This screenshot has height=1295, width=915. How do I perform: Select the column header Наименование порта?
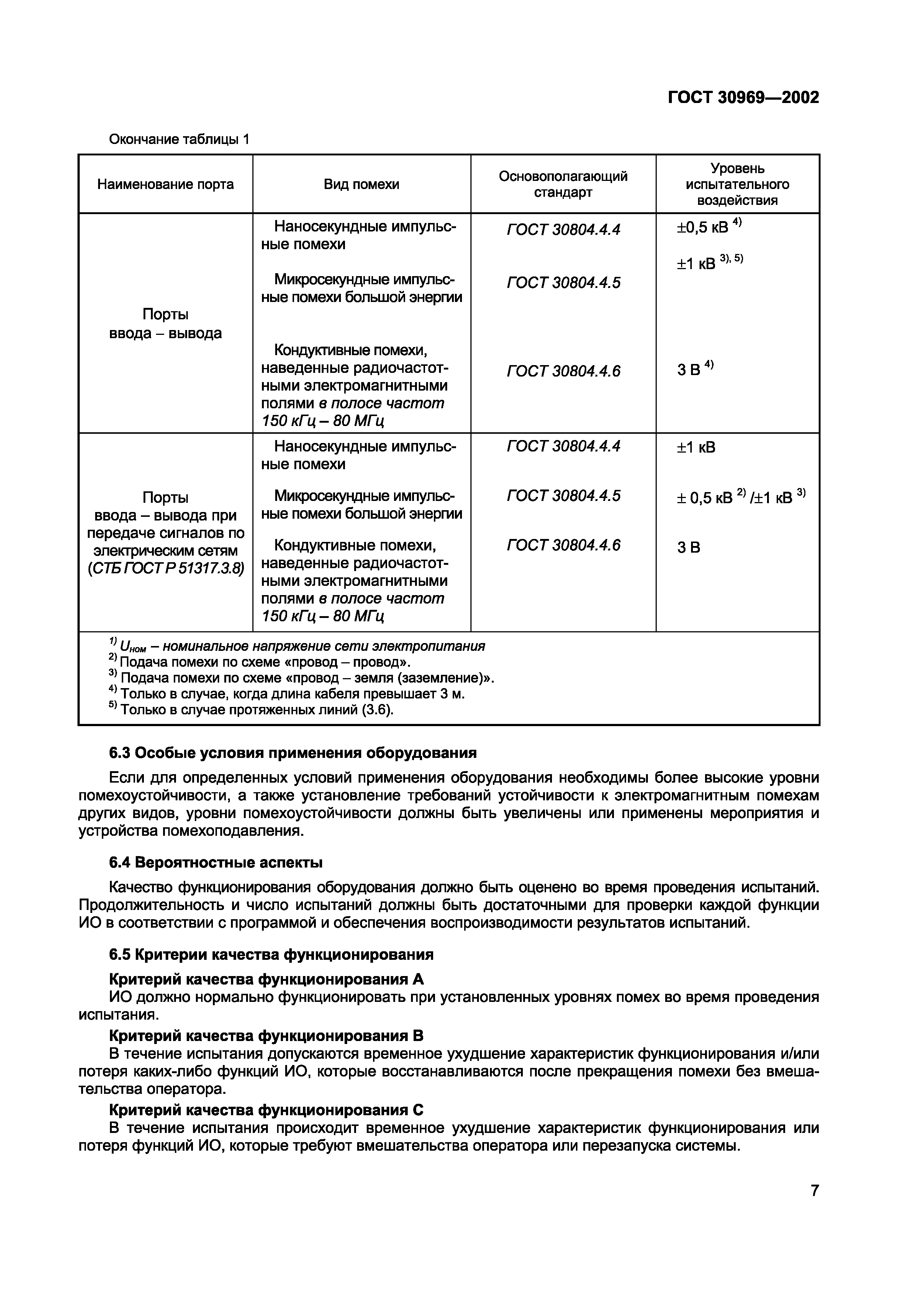click(x=165, y=185)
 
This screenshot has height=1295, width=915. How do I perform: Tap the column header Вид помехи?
click(x=361, y=185)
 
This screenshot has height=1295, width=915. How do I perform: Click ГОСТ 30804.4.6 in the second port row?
click(x=563, y=545)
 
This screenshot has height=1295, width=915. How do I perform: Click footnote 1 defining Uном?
click(x=297, y=646)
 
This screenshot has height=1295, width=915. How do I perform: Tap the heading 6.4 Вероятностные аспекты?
click(x=215, y=862)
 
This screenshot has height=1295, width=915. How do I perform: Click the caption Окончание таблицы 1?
click(x=179, y=139)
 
